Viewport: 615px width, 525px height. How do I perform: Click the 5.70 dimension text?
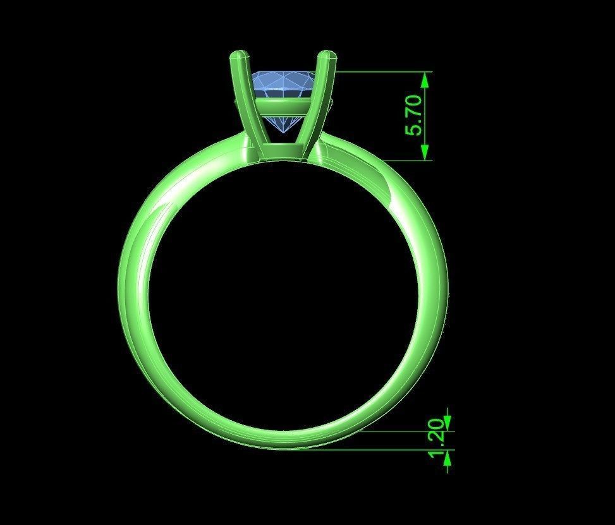tap(414, 116)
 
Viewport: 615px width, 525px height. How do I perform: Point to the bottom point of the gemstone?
tap(283, 134)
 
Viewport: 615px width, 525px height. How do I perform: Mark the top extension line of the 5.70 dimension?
tap(379, 72)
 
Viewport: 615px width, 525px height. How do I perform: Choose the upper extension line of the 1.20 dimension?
tap(405, 431)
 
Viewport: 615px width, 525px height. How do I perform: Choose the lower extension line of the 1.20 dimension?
tap(379, 450)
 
